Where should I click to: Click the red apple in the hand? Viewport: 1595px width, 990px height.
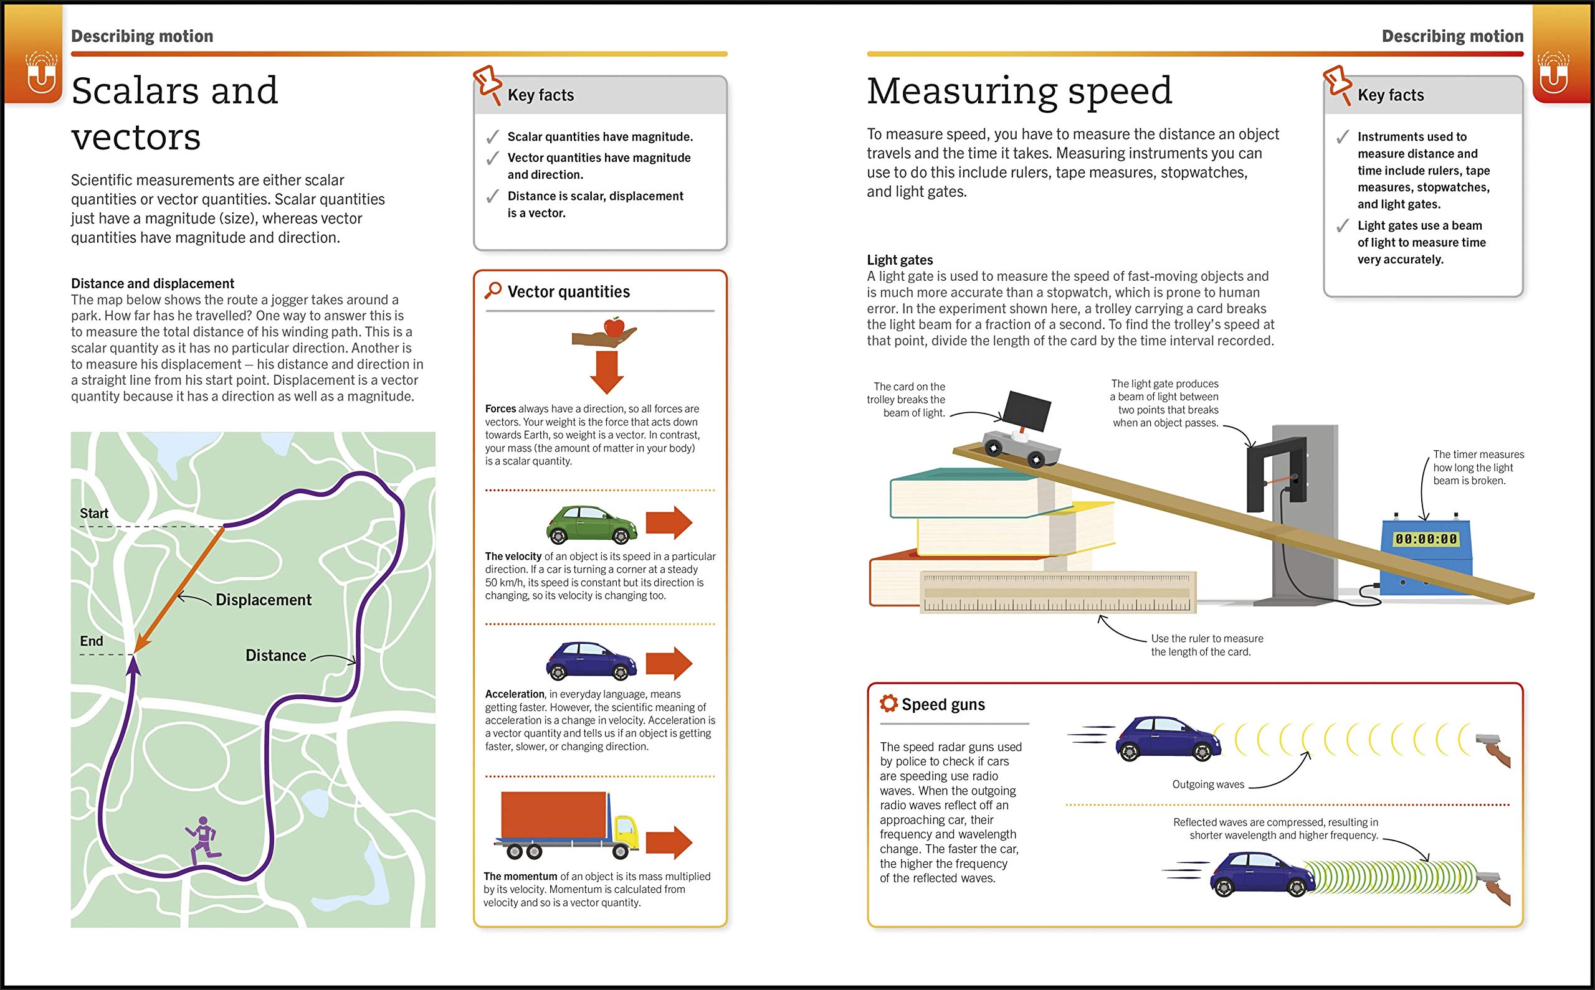coord(614,326)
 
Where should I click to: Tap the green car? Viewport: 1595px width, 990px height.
coord(591,524)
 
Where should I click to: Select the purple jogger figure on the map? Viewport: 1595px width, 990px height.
coord(204,840)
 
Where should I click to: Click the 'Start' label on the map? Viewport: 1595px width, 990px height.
coord(93,513)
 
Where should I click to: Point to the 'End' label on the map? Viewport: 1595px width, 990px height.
coord(91,641)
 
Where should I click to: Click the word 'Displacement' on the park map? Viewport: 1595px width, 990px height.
coord(264,600)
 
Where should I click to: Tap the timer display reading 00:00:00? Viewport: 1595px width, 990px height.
coord(1426,539)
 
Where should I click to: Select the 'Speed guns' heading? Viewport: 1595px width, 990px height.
coord(943,705)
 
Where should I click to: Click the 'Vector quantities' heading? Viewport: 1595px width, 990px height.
coord(568,291)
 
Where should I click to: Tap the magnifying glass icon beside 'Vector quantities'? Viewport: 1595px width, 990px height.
coord(493,290)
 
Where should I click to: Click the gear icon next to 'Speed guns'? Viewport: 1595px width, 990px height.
coord(888,703)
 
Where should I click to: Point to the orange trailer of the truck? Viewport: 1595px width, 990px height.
coord(553,815)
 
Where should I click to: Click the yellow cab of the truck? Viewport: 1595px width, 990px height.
coord(626,830)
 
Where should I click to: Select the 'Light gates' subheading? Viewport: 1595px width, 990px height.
coord(899,260)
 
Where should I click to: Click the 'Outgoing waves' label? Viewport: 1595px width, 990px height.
coord(1208,785)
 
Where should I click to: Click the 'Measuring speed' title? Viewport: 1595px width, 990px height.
coord(1019,90)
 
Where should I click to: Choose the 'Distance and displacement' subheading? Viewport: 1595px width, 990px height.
coord(153,283)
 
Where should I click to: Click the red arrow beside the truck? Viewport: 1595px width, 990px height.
coord(669,842)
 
